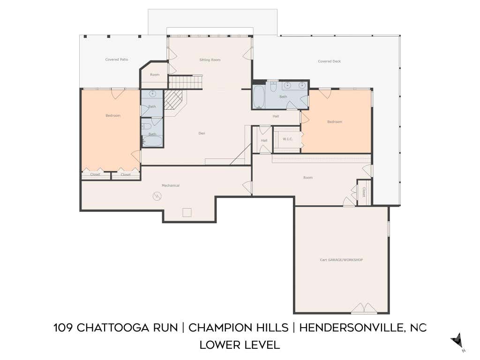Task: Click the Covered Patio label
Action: [117, 60]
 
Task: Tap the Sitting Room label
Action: [210, 60]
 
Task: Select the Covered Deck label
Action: [329, 61]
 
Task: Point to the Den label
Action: [202, 133]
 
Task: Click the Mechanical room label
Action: [171, 185]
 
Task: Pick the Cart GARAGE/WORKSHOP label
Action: [341, 260]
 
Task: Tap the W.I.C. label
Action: [287, 139]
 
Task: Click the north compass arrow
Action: [457, 340]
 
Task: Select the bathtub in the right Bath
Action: [259, 97]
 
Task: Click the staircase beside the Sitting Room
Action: [186, 82]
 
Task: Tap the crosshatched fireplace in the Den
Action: [173, 100]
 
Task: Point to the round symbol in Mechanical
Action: [157, 196]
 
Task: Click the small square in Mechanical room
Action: [187, 212]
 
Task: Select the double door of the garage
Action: [364, 308]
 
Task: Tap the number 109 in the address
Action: [63, 328]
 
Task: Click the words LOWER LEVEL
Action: [240, 345]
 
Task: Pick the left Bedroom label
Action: [113, 115]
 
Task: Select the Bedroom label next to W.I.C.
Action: [335, 121]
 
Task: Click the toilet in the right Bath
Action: [274, 86]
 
